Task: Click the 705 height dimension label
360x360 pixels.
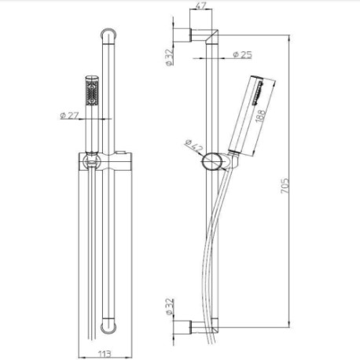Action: pos(285,186)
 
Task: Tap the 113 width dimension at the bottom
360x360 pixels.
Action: pos(105,354)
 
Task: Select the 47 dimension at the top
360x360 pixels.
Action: pos(201,6)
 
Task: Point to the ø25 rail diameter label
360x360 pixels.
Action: pos(242,54)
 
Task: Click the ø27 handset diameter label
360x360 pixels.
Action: pos(70,116)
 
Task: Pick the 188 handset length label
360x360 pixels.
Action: pos(260,116)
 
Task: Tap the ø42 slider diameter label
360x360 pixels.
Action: pos(194,145)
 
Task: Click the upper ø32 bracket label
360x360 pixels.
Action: pos(170,57)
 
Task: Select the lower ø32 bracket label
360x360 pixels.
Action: pos(170,307)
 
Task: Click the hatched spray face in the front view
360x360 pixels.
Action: pos(92,93)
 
